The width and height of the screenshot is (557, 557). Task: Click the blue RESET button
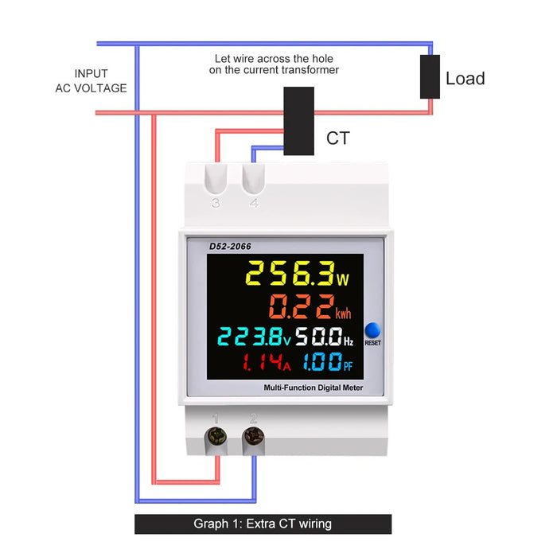[x=373, y=332]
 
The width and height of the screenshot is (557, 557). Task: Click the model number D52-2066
[x=230, y=247]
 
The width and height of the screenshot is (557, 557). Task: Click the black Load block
[x=430, y=77]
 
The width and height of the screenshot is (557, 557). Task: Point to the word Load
[x=465, y=79]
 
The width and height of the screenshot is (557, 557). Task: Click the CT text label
[x=337, y=138]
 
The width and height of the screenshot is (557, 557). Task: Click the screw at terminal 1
[x=216, y=435]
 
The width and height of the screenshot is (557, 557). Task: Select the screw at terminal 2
[x=254, y=435]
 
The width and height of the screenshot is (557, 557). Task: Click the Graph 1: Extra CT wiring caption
[x=263, y=524]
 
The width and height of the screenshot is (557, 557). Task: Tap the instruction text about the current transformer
[x=274, y=64]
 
